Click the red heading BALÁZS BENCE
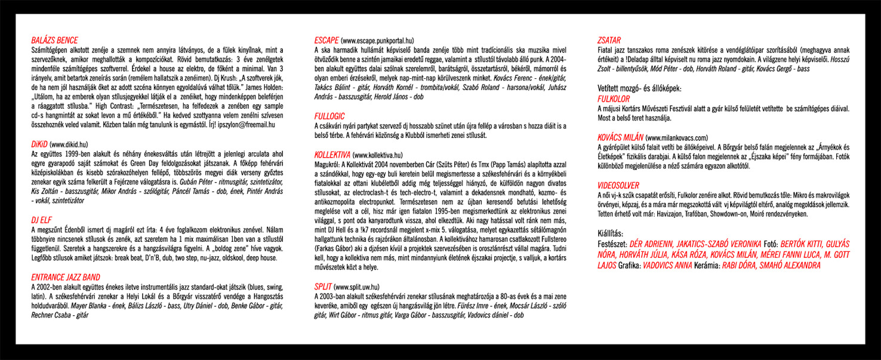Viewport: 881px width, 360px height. (54, 41)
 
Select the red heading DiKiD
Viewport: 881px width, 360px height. (39, 144)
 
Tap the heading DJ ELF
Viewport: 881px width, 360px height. (41, 220)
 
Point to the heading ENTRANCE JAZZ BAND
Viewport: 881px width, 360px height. (65, 277)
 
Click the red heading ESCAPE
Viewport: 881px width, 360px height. (326, 41)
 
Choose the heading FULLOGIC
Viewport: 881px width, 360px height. (329, 116)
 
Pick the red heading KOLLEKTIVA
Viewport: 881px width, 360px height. (333, 154)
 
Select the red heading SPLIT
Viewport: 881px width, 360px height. (323, 287)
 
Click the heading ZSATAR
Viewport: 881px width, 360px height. (609, 41)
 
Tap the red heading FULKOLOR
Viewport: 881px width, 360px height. (615, 97)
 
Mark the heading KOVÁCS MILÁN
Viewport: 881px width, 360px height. (620, 137)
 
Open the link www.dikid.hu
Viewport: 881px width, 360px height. (70, 144)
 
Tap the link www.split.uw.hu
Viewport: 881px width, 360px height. (357, 287)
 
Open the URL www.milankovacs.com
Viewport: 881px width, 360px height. (677, 137)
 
